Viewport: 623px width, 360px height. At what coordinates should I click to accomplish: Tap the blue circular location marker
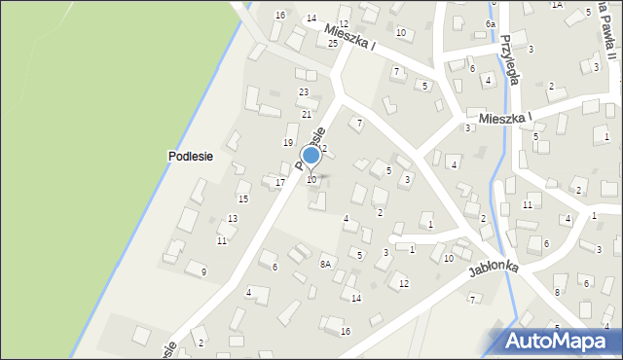(x=311, y=155)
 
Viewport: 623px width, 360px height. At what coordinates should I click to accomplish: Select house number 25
(x=333, y=44)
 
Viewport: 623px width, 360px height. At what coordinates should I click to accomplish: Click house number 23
(x=304, y=91)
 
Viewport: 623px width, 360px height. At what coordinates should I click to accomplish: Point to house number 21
(x=304, y=115)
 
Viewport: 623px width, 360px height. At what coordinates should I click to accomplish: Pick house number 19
(x=288, y=142)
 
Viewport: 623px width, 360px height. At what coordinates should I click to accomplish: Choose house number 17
(x=279, y=182)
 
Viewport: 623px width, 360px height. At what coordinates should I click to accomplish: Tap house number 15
(x=243, y=198)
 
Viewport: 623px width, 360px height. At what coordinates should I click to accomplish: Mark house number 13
(x=233, y=218)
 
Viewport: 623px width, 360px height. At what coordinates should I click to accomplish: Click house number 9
(x=203, y=271)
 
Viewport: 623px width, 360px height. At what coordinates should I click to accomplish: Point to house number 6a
(x=492, y=23)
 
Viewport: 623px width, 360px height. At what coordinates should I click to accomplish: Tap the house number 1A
(x=557, y=5)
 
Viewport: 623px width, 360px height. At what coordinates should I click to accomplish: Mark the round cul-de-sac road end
(x=393, y=238)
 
